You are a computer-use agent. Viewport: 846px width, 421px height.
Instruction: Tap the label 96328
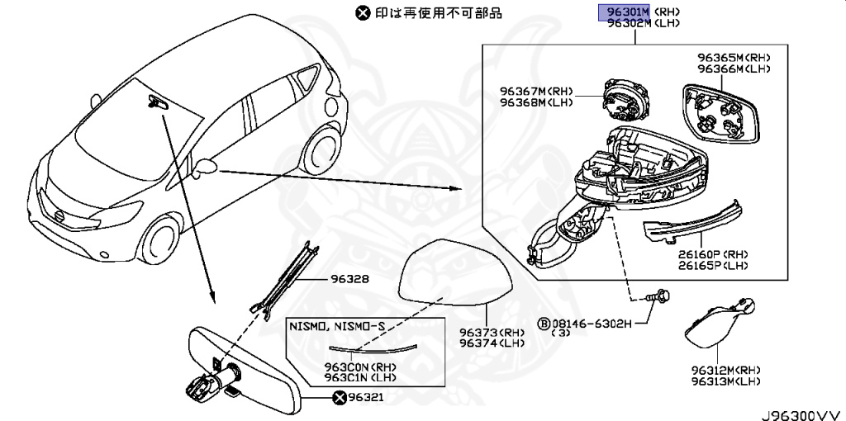pyautogui.click(x=352, y=279)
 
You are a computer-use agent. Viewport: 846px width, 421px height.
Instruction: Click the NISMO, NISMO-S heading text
pyautogui.click(x=336, y=327)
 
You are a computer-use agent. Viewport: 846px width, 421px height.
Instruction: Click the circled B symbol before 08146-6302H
pyautogui.click(x=544, y=323)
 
